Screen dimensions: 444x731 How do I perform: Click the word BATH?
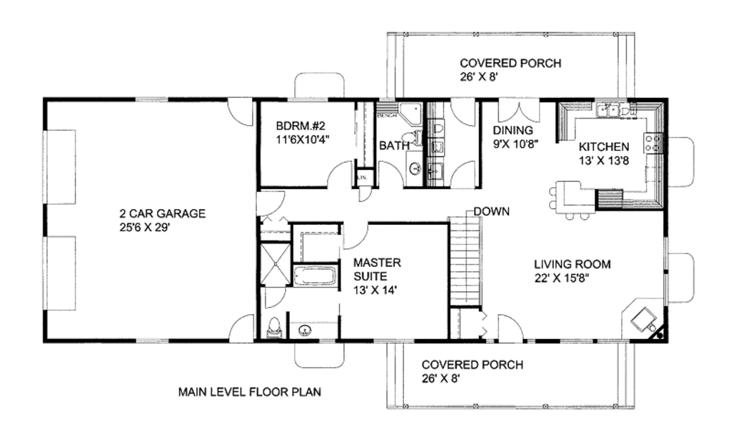394,146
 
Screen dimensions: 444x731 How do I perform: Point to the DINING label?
513,130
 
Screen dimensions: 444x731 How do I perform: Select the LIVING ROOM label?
572,263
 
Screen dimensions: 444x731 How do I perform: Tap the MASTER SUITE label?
377,269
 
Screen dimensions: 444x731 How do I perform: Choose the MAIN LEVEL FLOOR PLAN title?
249,391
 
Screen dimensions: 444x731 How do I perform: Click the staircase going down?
465,261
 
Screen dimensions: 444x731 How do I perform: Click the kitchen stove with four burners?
652,143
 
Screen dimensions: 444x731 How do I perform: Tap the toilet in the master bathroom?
273,328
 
